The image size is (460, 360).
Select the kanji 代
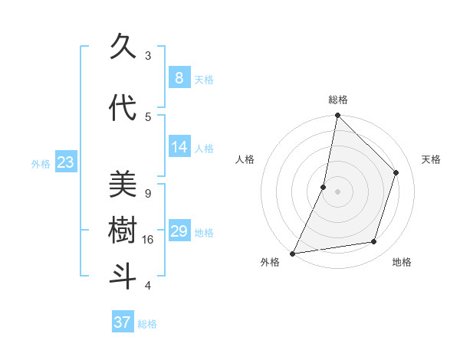(x=123, y=108)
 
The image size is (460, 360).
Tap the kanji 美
(x=123, y=185)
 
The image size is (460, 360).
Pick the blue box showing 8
(x=179, y=77)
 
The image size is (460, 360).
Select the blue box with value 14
(x=179, y=147)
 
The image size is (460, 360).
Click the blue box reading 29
(x=179, y=231)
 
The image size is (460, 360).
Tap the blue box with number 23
(x=65, y=162)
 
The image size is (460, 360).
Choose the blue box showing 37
(x=122, y=322)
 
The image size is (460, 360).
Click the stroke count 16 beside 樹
(x=149, y=240)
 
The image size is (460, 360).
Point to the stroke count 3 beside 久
(x=148, y=55)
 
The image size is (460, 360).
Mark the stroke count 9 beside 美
(x=148, y=193)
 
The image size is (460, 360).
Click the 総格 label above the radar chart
(x=338, y=100)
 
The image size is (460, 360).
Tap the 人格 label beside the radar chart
(x=245, y=159)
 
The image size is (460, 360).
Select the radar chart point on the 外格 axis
(x=292, y=253)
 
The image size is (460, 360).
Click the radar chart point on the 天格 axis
(x=396, y=172)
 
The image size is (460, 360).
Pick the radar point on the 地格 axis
(x=374, y=242)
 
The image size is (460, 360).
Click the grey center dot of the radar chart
(x=337, y=191)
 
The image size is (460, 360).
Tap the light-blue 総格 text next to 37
(x=147, y=324)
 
